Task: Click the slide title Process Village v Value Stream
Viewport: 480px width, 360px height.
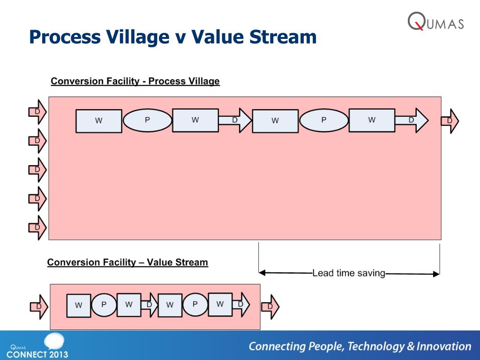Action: pos(172,37)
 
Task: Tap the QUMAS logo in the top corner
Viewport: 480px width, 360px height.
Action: pos(435,21)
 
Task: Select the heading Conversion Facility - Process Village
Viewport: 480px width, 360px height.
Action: pos(135,81)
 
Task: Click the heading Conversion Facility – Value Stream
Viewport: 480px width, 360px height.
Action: pos(127,262)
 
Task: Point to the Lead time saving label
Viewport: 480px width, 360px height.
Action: pos(348,273)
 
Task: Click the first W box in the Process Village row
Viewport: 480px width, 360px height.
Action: pos(98,121)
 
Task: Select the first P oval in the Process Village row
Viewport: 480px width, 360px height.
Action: pos(147,120)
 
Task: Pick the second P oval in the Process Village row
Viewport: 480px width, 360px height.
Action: pos(323,120)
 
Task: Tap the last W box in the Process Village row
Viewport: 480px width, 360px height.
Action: pos(372,120)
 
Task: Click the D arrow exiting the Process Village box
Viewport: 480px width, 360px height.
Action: pos(450,121)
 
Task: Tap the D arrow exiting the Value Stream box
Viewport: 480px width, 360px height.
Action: pos(270,307)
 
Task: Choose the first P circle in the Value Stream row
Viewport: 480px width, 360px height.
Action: pos(104,305)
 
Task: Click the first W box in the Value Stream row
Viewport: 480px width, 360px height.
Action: pos(78,306)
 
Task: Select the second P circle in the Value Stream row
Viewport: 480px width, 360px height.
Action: pos(195,305)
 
